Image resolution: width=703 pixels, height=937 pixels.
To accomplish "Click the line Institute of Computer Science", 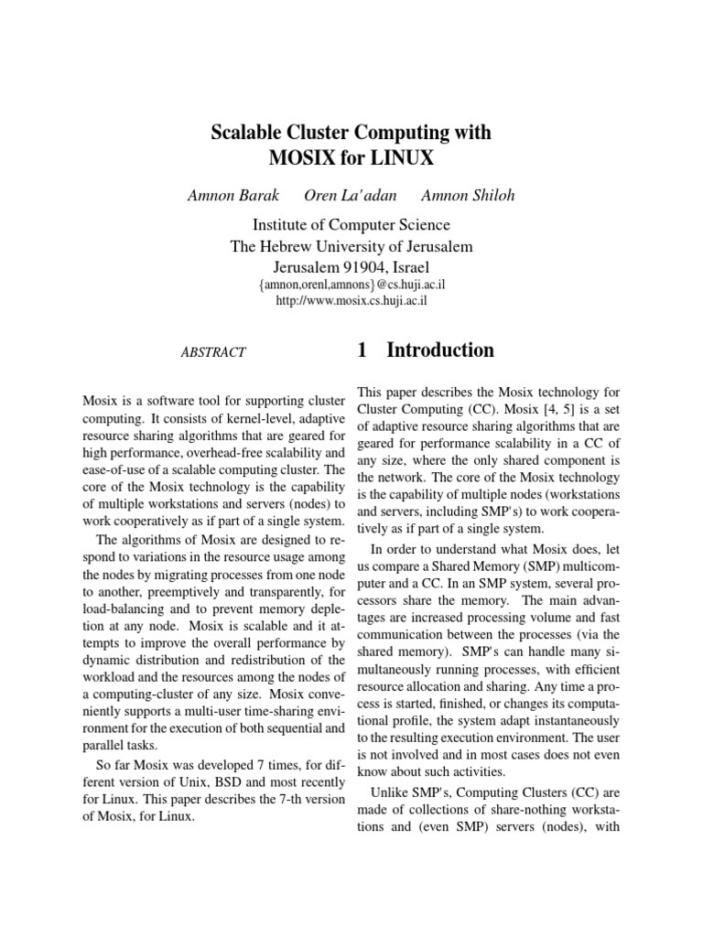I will (x=351, y=225).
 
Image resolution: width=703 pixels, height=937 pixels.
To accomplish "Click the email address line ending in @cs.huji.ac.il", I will (x=352, y=285).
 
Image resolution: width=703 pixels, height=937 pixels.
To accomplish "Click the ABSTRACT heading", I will (x=214, y=352).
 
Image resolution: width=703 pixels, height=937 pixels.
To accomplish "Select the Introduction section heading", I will (x=440, y=350).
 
